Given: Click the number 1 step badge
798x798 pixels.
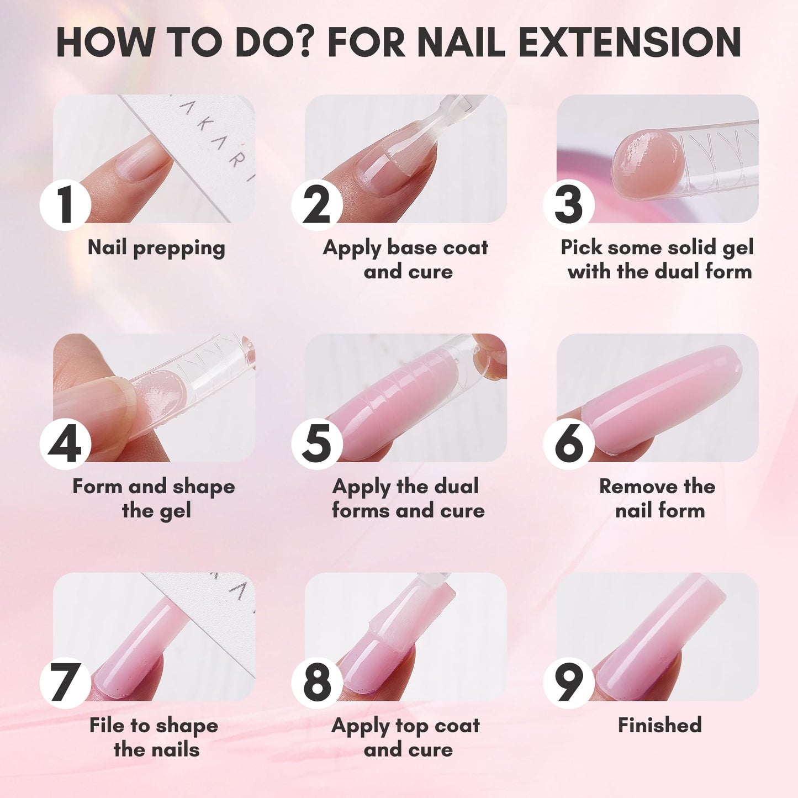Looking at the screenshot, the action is (65, 205).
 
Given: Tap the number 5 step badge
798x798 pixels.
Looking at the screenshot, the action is (317, 444).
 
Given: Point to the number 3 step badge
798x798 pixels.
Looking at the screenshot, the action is (569, 205).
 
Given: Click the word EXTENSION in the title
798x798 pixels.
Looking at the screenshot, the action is (630, 42).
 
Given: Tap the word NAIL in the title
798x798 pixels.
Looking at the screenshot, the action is (461, 42).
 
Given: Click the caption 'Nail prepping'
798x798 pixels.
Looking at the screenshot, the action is (156, 249).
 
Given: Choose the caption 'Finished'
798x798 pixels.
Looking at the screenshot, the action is (660, 725).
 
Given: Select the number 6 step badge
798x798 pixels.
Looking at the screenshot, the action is (569, 444).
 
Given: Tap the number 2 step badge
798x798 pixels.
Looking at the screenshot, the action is (317, 205).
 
